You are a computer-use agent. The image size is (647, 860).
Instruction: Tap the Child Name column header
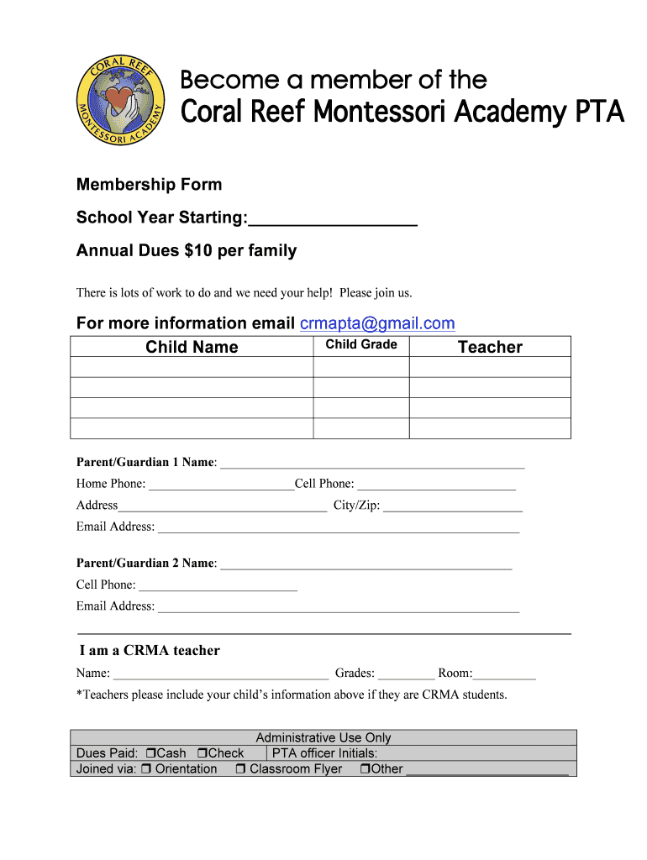coord(192,347)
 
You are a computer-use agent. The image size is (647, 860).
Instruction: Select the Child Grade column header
coord(361,345)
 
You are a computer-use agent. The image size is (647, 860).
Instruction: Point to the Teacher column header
coord(490,347)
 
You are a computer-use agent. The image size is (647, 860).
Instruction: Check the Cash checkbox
coord(151,753)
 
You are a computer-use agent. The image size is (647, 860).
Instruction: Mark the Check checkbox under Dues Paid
coord(203,753)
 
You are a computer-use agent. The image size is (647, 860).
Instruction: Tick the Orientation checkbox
coord(146,769)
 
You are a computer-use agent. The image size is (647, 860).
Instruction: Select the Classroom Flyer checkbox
coord(240,769)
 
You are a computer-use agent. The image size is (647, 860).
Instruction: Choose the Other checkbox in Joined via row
coord(365,769)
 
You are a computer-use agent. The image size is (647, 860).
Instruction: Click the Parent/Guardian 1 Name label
coord(146,463)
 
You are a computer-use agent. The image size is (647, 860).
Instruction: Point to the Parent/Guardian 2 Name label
coord(146,564)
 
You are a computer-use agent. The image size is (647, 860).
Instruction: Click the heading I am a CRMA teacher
coord(150,651)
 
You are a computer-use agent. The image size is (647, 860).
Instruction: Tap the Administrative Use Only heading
coord(323,737)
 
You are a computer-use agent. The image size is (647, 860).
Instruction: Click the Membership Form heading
coord(150,185)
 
